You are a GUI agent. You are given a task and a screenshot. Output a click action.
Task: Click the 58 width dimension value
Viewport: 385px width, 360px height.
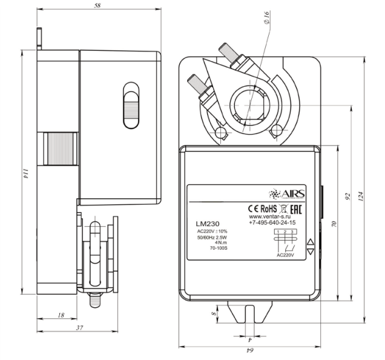click(97, 5)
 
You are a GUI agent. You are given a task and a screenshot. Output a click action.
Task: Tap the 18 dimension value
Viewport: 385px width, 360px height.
click(61, 315)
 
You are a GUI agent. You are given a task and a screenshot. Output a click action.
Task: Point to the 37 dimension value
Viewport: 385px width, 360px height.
click(79, 328)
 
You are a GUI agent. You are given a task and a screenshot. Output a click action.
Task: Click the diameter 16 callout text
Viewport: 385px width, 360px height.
click(267, 18)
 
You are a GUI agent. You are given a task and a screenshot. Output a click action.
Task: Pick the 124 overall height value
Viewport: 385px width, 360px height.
click(361, 196)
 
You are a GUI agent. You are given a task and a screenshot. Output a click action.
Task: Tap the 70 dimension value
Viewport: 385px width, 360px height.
click(334, 224)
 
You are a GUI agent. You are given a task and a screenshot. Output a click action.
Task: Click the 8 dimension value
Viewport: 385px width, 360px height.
click(214, 314)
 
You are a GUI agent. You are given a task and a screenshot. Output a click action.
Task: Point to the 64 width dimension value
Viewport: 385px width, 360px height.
click(250, 350)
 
